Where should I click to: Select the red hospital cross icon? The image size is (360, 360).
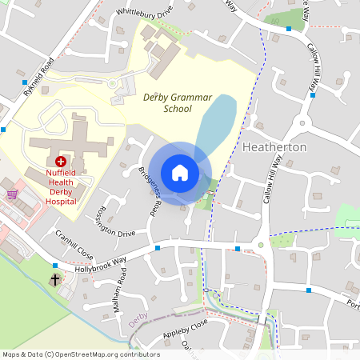point(61,161)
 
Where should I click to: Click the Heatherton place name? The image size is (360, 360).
point(274,148)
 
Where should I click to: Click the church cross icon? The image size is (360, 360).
point(55,281)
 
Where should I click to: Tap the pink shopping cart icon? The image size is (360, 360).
point(11,194)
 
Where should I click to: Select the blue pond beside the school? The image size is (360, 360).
point(214,124)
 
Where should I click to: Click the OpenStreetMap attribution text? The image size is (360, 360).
point(80,354)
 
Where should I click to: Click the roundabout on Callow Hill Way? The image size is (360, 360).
point(302,123)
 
